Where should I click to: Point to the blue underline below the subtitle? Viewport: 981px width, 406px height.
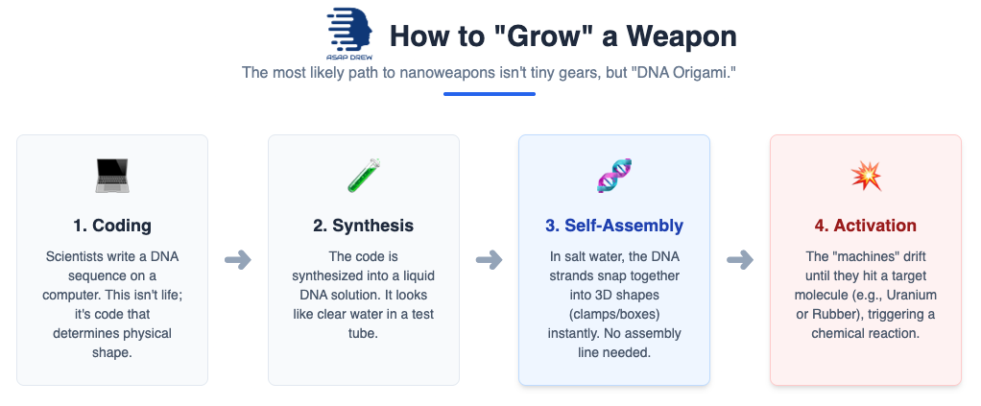[490, 94]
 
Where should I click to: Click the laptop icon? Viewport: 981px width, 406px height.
[112, 176]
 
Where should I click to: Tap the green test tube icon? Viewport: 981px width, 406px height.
[364, 176]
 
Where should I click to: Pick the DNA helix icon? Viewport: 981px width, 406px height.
[614, 176]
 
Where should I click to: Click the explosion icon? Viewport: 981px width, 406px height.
[866, 176]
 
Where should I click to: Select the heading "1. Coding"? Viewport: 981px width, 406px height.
[112, 227]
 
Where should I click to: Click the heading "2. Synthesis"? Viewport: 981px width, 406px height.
[364, 227]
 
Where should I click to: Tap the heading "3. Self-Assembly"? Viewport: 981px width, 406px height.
[614, 227]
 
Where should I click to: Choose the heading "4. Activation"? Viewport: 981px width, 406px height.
[866, 227]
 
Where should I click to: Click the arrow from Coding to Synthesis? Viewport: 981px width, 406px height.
[238, 259]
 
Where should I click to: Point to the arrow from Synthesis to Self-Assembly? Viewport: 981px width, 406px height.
[490, 259]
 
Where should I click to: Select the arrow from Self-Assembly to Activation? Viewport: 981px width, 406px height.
[740, 259]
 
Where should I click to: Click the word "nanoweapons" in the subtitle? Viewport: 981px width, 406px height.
[425, 72]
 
